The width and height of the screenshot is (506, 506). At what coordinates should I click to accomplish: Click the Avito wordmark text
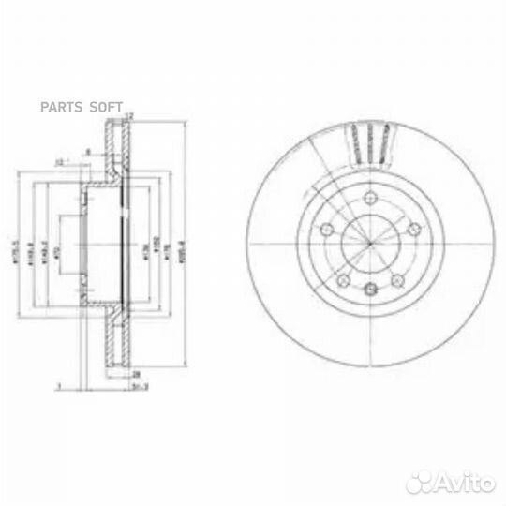pos(460,483)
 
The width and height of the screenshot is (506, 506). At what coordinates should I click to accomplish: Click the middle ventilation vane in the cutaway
pos(371,142)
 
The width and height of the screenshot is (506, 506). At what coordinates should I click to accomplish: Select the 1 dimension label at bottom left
pos(58,383)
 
